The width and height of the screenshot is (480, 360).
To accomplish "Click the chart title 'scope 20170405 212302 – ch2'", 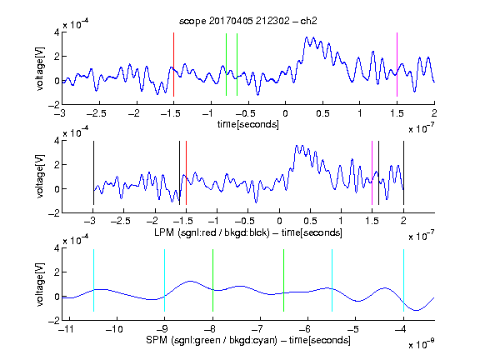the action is (x=248, y=21).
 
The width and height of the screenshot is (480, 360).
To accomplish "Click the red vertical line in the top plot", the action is (x=173, y=64).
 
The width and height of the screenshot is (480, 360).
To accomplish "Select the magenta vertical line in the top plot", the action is (x=397, y=64).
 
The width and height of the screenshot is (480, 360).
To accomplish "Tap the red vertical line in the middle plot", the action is (x=186, y=173).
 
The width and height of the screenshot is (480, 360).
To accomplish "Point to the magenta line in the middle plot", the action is (x=372, y=173).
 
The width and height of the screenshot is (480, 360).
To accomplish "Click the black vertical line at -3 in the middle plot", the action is (x=93, y=173).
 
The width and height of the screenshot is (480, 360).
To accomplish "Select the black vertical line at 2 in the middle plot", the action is (x=403, y=173).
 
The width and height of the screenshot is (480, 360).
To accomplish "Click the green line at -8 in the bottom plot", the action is (x=212, y=280).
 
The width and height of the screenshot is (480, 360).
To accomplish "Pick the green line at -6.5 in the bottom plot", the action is (x=284, y=280).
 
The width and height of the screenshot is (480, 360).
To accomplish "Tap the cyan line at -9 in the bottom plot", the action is (x=164, y=280).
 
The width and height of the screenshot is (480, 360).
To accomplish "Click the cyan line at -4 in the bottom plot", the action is (x=403, y=280).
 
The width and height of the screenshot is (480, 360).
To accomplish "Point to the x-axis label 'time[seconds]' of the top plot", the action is (x=248, y=124).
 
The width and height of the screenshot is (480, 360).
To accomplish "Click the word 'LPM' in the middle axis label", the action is (x=164, y=232).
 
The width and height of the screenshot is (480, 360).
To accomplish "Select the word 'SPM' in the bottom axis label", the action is (x=157, y=340).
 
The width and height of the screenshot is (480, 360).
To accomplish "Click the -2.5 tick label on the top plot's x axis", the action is (x=96, y=113).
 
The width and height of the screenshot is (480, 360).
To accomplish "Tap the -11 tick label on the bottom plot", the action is (x=66, y=329).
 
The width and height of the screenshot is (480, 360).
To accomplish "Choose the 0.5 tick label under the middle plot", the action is (x=310, y=221).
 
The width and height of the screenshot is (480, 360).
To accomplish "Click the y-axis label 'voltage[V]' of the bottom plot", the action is (x=40, y=284).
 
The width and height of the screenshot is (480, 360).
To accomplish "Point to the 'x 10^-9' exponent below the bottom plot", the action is (x=422, y=345).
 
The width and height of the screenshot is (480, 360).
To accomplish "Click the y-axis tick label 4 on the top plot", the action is (x=57, y=32).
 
